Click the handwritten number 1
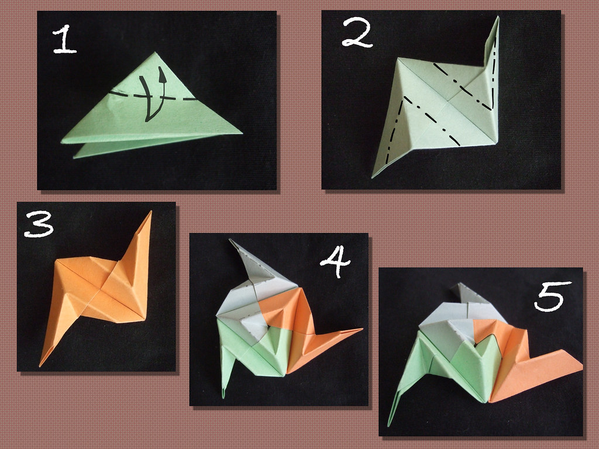64,39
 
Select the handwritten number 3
39,224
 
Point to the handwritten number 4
335,261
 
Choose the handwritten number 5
552,296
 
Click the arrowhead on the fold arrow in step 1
162,74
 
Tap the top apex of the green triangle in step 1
154,52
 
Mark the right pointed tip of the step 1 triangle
242,134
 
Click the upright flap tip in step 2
497,17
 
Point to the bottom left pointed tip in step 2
373,178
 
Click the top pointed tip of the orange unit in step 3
151,211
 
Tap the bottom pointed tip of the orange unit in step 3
40,366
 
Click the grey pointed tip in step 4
229,240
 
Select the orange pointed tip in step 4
362,329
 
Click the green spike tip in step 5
389,426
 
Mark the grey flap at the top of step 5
464,293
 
